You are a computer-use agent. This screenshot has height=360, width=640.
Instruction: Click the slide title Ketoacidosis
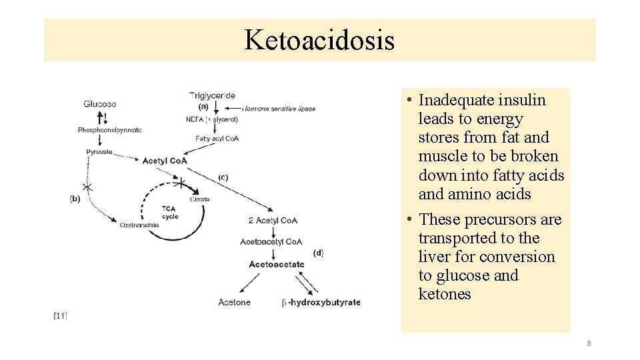(319, 40)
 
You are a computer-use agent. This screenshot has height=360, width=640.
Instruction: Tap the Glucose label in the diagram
(100, 104)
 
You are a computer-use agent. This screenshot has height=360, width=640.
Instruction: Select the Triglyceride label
(212, 96)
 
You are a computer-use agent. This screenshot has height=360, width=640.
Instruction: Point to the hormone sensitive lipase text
(280, 109)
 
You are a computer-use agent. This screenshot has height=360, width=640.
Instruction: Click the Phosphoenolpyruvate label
(109, 130)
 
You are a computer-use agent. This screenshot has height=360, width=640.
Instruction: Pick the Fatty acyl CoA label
(217, 139)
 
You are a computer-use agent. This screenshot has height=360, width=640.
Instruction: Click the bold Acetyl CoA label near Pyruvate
(165, 161)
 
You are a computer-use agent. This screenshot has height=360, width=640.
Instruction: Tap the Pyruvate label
(99, 152)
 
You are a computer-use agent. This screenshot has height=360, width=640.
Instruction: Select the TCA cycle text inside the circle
(169, 213)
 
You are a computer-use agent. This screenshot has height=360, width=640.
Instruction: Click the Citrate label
(199, 199)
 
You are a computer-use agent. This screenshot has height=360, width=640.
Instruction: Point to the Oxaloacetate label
(139, 225)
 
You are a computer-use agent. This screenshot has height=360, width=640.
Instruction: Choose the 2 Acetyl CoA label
(273, 221)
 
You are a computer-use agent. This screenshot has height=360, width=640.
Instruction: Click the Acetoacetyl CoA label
(271, 242)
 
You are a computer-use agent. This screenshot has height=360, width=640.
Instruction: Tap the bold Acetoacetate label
(276, 265)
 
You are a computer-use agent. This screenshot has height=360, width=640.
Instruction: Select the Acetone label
(234, 303)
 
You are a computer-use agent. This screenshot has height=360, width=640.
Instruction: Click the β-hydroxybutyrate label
(321, 303)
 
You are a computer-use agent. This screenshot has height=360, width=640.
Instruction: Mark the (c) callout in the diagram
(223, 177)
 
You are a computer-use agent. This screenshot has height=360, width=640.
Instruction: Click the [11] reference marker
(60, 316)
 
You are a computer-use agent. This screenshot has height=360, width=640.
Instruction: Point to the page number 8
(589, 343)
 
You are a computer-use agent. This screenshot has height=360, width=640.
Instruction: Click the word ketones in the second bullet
(445, 294)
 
